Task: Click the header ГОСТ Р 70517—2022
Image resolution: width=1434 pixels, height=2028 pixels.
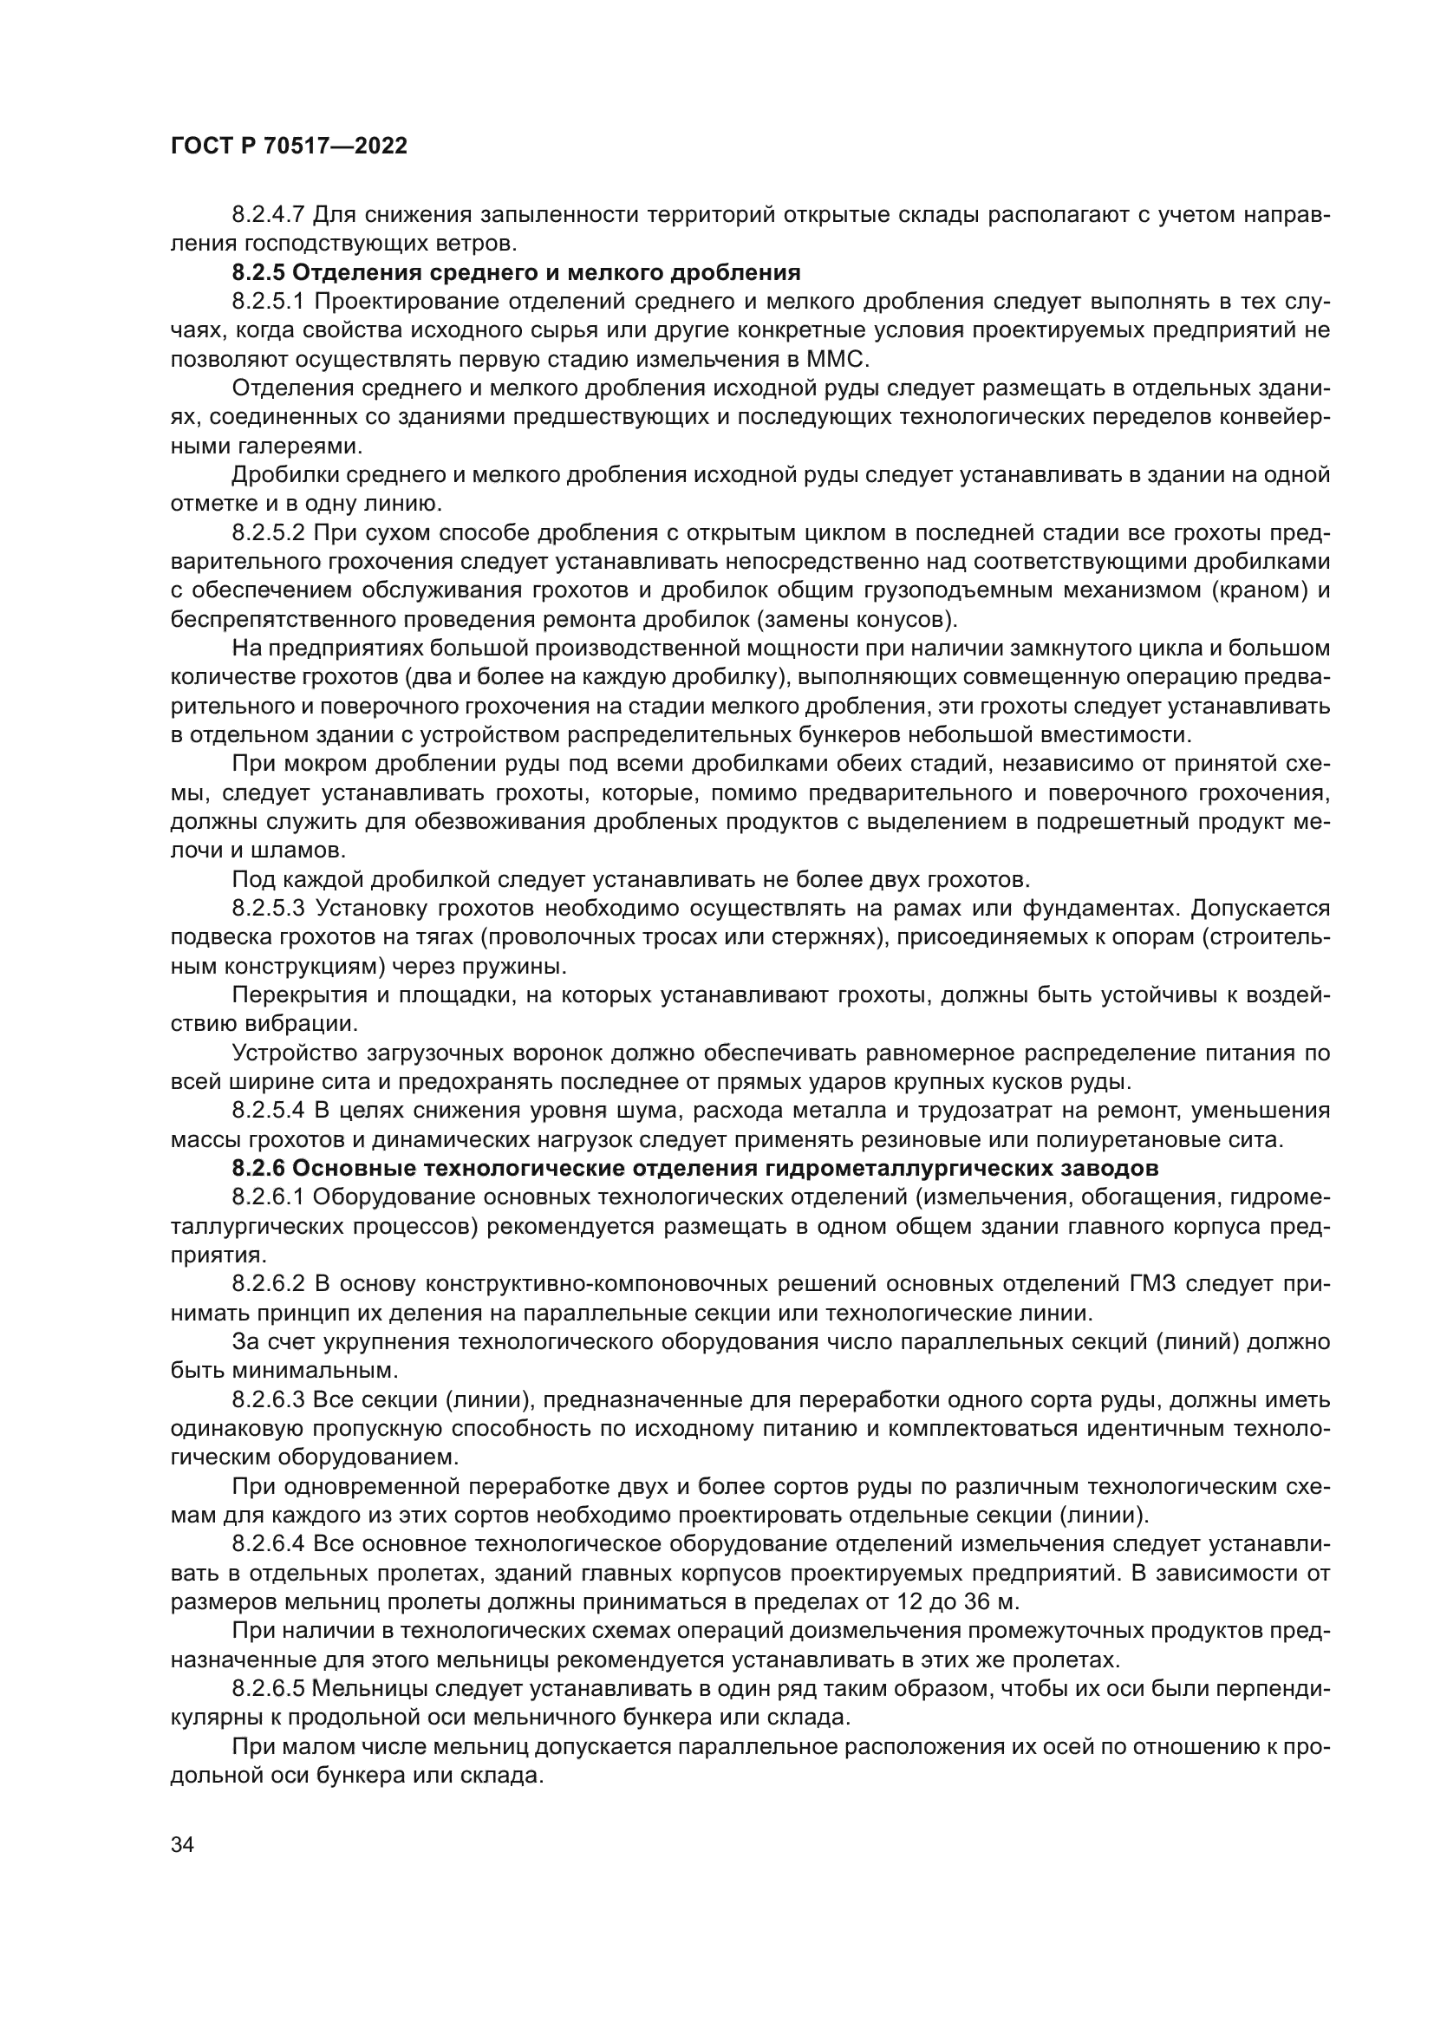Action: pos(289,147)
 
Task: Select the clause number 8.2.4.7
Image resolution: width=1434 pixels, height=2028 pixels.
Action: pos(269,215)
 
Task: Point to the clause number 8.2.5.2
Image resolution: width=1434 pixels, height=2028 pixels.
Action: pos(269,532)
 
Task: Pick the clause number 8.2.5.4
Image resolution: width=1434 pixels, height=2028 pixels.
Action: pos(269,1111)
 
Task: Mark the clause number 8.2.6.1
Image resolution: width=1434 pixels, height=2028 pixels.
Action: pos(269,1197)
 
